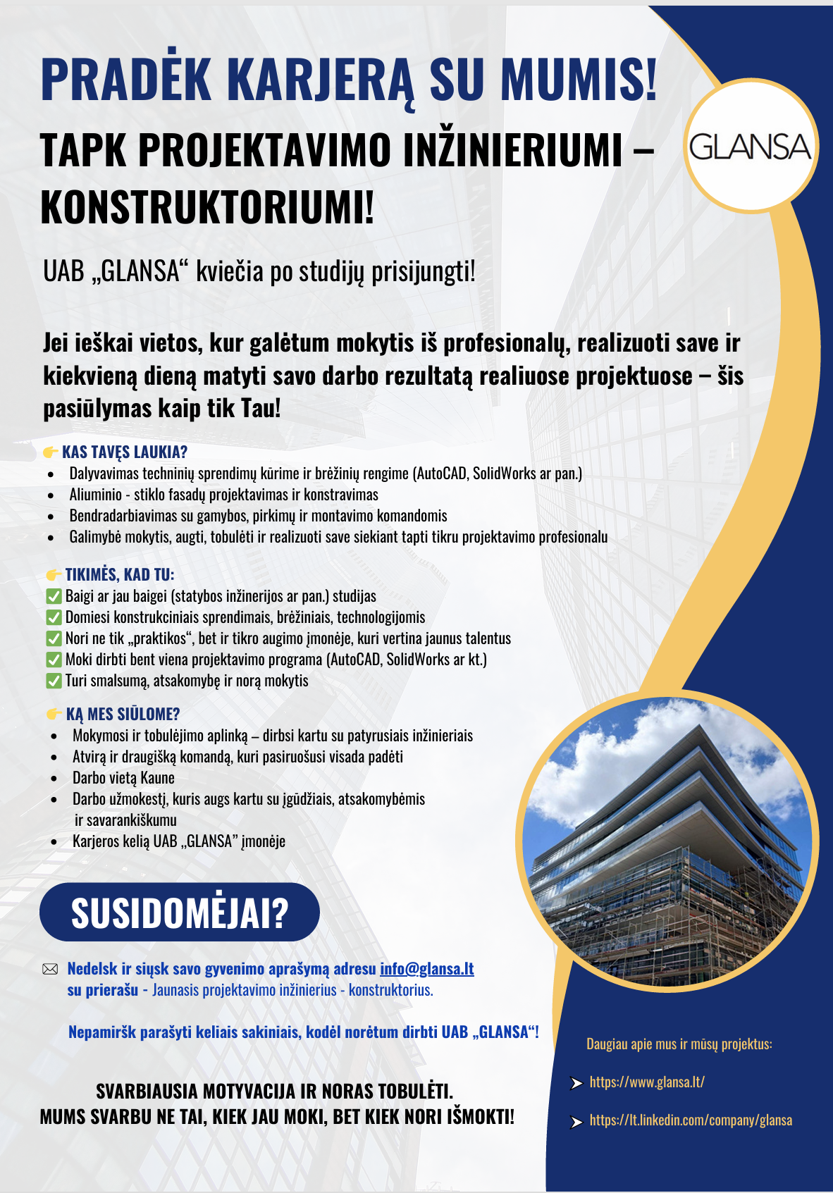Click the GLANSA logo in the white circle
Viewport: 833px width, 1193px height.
(750, 147)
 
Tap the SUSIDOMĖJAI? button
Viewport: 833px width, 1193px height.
(180, 913)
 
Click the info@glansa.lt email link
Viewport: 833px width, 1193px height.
(427, 969)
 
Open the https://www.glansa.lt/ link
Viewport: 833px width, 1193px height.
(647, 1082)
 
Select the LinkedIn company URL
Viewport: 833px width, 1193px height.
(691, 1120)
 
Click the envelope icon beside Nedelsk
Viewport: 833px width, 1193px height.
(50, 970)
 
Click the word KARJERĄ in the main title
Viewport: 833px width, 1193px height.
(321, 79)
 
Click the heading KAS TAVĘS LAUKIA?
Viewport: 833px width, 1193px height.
(125, 452)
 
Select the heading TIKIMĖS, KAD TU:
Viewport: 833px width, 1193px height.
(120, 575)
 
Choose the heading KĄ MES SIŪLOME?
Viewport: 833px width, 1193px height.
(123, 715)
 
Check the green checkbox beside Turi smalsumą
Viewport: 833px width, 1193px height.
(54, 681)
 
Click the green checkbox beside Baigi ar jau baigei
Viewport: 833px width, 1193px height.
(54, 596)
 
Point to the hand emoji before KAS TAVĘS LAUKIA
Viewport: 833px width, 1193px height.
(51, 452)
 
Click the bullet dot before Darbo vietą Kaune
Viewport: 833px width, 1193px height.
(54, 779)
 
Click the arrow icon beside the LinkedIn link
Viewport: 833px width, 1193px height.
(576, 1121)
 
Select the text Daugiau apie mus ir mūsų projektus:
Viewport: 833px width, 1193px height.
(679, 1044)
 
